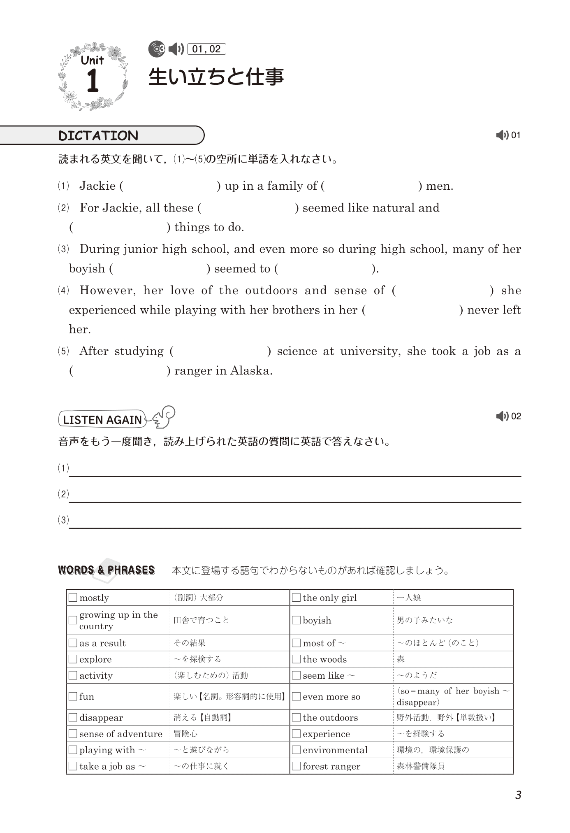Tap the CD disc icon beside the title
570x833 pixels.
tap(157, 49)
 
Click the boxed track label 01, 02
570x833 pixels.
tap(206, 49)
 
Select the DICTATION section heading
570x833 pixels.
tap(98, 135)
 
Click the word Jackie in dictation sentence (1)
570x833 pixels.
tap(97, 186)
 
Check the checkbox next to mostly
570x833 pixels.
tap(73, 598)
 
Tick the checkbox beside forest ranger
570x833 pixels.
tap(296, 766)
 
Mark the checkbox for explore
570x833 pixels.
tap(73, 659)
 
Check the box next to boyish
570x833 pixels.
tap(296, 620)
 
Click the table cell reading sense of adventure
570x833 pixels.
tap(120, 733)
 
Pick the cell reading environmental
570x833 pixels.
tap(335, 750)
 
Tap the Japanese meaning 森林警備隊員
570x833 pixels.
tap(420, 766)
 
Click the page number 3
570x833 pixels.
tap(518, 795)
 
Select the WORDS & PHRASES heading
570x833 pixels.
tap(106, 570)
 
